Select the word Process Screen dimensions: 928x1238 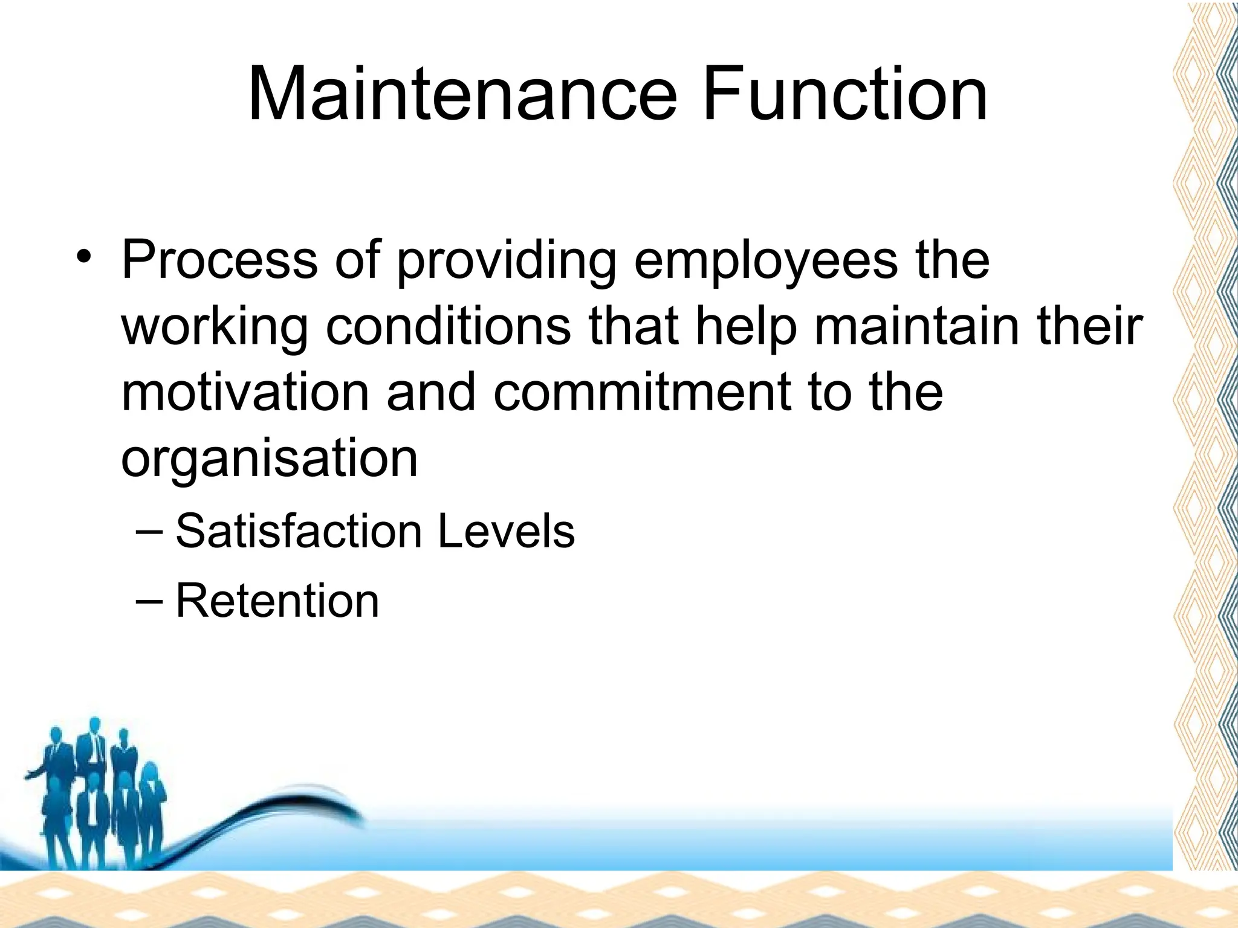click(219, 260)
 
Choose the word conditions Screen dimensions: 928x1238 click(448, 326)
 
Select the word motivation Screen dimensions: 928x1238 click(245, 393)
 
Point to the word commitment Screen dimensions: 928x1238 click(642, 393)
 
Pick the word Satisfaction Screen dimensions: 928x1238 click(299, 532)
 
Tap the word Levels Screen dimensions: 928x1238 click(506, 532)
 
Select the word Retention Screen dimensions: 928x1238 click(277, 601)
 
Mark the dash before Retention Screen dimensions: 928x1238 click(149, 601)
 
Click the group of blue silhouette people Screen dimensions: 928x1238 click(97, 791)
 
